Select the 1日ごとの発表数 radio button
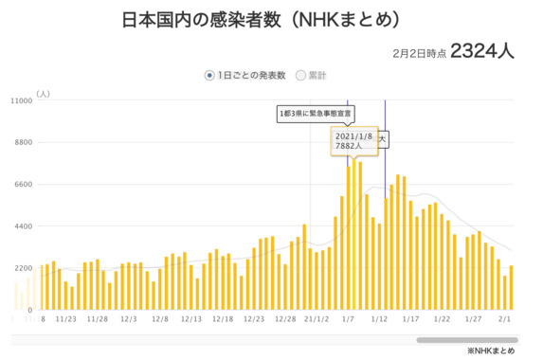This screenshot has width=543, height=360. pos(210,75)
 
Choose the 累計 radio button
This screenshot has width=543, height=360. pos(301,75)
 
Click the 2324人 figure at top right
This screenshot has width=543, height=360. pos(482,50)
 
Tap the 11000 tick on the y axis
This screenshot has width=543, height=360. pos(21,100)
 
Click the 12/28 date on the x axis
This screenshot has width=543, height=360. pos(285,320)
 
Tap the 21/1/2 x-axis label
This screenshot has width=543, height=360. pos(317,320)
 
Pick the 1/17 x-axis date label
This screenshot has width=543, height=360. pos(410,320)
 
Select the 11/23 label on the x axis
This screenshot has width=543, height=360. pos(66,320)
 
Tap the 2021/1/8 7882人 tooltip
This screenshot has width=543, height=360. pos(353,140)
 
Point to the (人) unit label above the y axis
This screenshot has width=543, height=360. pos(43,94)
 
